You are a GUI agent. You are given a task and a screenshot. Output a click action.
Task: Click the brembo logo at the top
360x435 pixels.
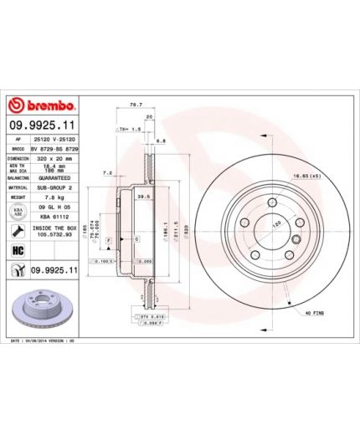pyautogui.click(x=43, y=106)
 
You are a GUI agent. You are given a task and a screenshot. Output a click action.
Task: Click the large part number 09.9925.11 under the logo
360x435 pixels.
pyautogui.click(x=44, y=124)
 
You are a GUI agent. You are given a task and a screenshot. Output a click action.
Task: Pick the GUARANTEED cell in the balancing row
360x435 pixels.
pyautogui.click(x=54, y=177)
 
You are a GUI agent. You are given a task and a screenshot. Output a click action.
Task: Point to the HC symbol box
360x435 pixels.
pyautogui.click(x=16, y=250)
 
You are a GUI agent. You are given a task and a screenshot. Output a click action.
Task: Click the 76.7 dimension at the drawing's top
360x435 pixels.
pyautogui.click(x=133, y=105)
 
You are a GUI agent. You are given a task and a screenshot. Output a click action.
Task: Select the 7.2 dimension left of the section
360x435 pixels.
pyautogui.click(x=107, y=172)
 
